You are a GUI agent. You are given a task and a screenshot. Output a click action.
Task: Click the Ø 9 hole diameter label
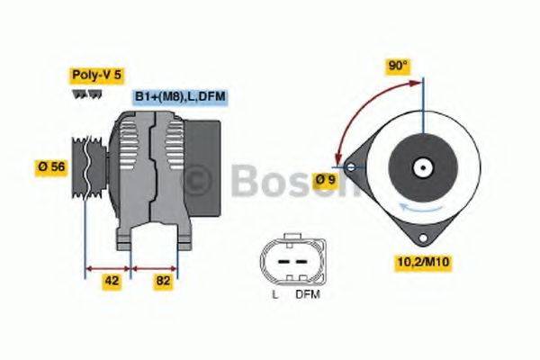pos(326,180)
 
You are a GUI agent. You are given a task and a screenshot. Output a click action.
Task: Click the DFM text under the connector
pos(307,294)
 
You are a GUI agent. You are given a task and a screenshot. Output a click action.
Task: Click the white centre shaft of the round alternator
pos(420,167)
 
